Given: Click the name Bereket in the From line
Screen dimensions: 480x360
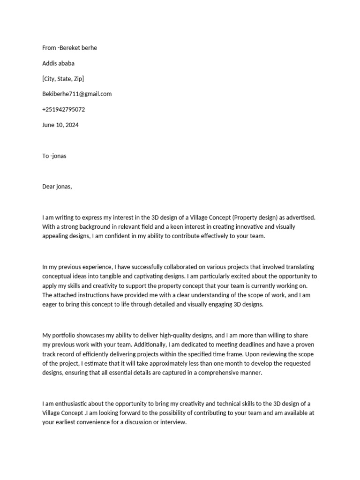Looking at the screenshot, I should [x=71, y=48].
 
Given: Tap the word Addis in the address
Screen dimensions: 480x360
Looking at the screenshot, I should [x=50, y=63].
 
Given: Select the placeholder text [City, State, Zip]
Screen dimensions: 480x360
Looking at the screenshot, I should [x=63, y=79].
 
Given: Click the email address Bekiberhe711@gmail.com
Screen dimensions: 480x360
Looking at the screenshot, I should [x=77, y=94].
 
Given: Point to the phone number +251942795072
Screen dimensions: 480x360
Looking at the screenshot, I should [x=63, y=109].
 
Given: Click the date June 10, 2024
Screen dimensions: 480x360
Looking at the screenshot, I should [x=60, y=125].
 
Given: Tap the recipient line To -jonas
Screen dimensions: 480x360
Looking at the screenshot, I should [x=54, y=156].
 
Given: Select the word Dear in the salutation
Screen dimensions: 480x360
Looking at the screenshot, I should [x=49, y=187].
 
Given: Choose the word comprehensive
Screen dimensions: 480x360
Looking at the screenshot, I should [x=217, y=373].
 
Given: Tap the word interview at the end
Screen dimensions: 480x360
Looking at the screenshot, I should [x=173, y=422].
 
